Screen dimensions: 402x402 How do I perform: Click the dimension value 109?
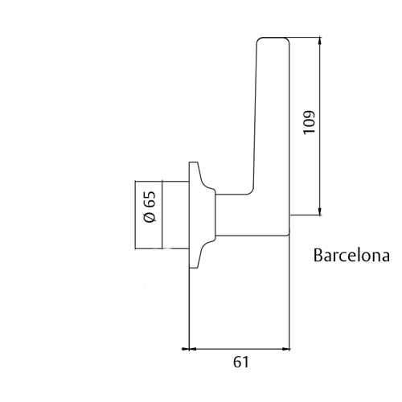coord(309,122)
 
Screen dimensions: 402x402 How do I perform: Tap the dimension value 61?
coord(241,362)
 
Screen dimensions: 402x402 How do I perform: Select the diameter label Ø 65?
coord(150,207)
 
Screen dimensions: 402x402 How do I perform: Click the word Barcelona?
coord(351,255)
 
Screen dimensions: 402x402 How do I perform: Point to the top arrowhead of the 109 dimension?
coord(319,41)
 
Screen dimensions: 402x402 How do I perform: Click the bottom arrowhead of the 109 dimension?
coord(319,211)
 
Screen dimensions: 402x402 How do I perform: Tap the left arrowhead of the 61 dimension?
coord(186,349)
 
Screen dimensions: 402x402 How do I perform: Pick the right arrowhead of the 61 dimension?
coord(285,349)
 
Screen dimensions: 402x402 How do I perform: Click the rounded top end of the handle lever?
coord(273,38)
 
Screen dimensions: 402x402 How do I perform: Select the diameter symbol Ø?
coord(150,217)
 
